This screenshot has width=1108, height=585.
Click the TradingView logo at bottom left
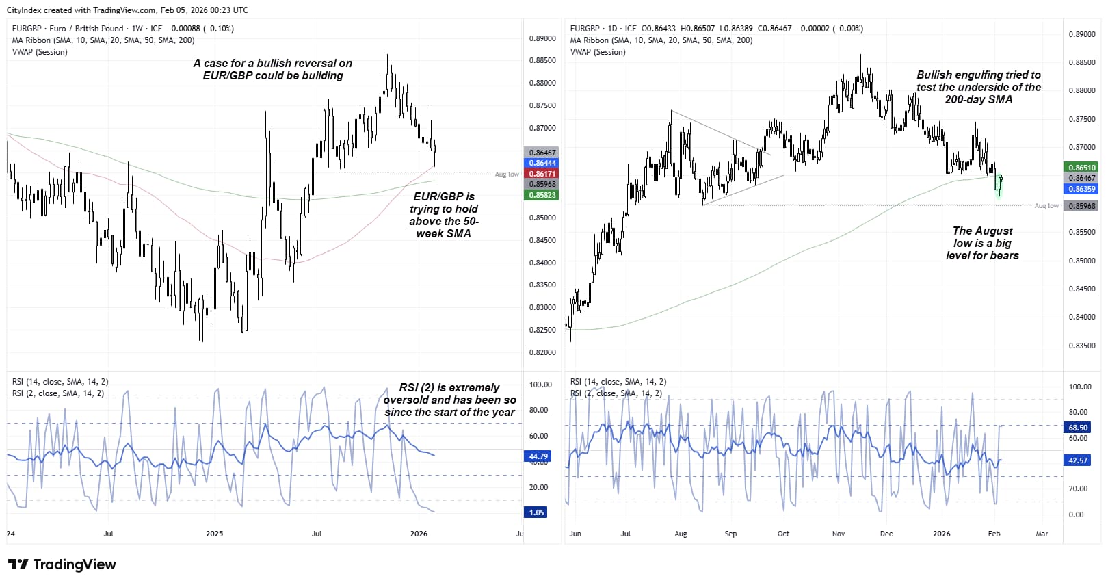point(62,564)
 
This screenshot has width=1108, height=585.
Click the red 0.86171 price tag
point(541,174)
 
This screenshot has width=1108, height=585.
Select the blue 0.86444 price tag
point(541,163)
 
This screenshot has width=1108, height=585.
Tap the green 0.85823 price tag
point(541,195)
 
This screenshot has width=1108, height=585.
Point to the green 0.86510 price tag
point(1081,168)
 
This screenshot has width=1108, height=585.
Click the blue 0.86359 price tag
point(1081,189)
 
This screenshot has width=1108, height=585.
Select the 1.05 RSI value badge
point(536,512)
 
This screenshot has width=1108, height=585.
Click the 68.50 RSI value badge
point(1078,428)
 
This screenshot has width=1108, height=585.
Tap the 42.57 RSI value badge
point(1078,460)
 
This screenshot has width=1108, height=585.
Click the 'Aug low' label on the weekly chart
point(507,174)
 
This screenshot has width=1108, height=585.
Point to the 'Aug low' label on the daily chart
point(1046,206)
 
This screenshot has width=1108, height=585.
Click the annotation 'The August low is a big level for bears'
point(982,244)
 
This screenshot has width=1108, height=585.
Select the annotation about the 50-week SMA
point(444,215)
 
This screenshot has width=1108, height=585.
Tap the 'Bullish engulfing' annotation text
point(979,87)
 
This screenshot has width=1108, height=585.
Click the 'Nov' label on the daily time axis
point(839,534)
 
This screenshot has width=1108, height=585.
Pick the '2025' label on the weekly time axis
point(214,534)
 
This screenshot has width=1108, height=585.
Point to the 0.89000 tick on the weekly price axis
point(542,39)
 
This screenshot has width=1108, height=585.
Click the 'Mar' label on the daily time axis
point(1042,534)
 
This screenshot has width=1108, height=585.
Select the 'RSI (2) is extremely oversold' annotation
point(449,400)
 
